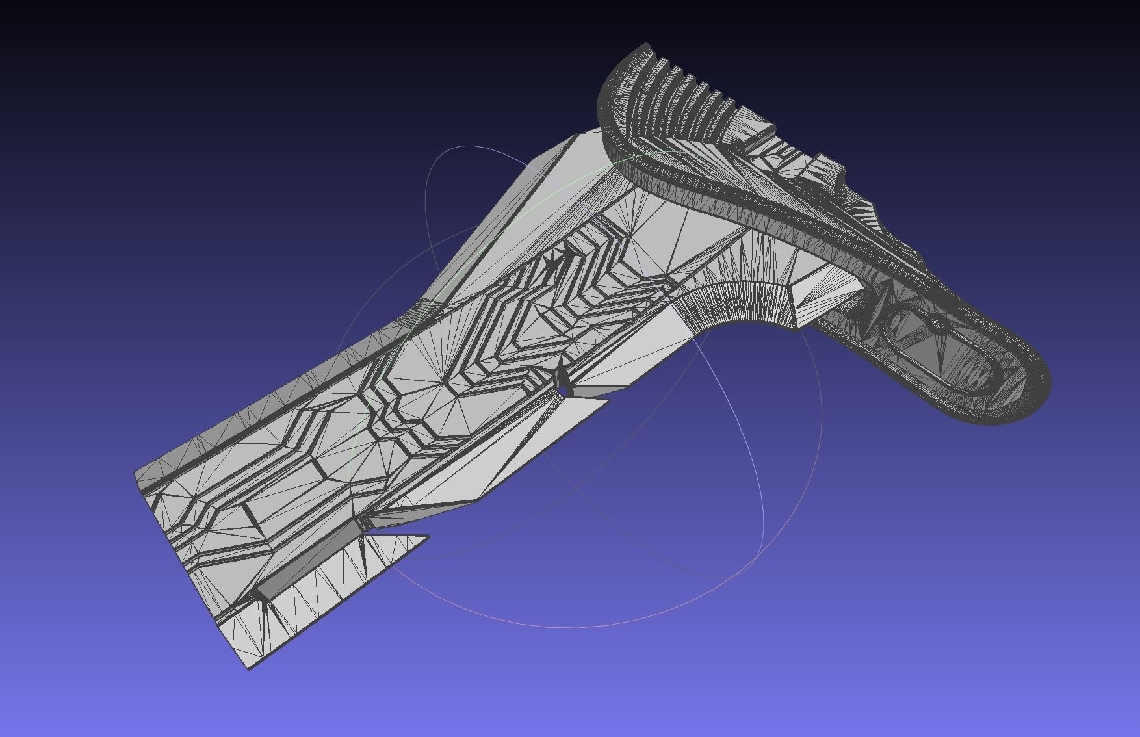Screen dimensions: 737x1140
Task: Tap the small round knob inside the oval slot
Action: click(938, 323)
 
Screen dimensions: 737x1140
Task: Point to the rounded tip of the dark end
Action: click(1040, 390)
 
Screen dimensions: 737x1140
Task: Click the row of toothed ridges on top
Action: click(689, 91)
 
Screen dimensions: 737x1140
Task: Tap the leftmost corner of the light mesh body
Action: click(135, 473)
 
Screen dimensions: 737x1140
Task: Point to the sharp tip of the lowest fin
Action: click(427, 536)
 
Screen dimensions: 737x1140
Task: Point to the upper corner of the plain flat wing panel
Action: click(578, 136)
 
